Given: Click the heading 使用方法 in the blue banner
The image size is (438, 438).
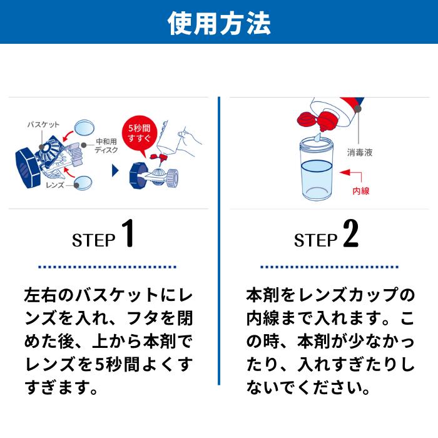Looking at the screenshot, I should pos(219,23).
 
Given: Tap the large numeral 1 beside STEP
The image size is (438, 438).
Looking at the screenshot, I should pos(127,233).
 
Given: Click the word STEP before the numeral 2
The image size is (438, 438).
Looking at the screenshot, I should pos(315,240).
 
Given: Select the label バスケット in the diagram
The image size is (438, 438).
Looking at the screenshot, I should pos(43,125).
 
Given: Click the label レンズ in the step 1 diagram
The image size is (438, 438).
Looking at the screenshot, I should pos(57,185).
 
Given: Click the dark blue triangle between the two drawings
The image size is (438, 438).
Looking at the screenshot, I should pos(115,170).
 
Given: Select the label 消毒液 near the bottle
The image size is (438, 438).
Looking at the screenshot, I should pos(359,151).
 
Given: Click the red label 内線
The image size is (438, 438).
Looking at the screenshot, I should pos(361,190).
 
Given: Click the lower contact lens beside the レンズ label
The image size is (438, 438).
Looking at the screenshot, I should pos(84,183).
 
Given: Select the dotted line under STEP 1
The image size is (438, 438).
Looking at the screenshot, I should pos(108,267).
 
